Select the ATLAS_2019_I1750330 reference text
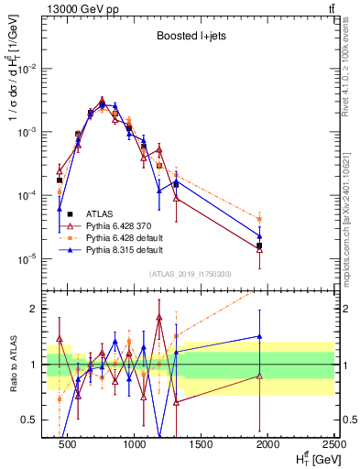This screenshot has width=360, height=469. point(190,274)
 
